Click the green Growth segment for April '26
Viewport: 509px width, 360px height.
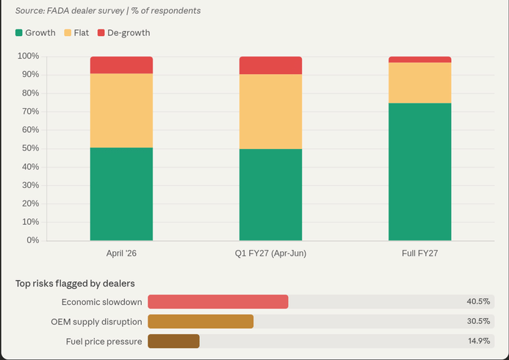(121, 194)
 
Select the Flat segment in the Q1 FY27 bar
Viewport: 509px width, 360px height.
(270, 112)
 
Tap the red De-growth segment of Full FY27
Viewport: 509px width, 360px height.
(419, 60)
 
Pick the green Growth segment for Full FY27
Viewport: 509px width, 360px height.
(419, 171)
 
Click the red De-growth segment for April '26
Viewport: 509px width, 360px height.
(121, 65)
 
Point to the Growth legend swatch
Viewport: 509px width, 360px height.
(19, 33)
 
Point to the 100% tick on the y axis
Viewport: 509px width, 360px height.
(29, 57)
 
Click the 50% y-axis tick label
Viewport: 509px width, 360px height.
(30, 148)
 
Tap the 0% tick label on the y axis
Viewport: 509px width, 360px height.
(32, 240)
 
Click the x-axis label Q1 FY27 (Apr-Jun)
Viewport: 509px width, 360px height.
(270, 253)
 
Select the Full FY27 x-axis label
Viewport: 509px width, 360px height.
(419, 253)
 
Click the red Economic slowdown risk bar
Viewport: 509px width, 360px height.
(218, 302)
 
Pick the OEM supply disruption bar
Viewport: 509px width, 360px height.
(201, 321)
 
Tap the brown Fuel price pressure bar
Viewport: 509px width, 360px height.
(173, 341)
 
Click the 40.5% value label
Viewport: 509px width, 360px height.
(478, 302)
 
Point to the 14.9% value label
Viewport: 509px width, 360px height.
(478, 341)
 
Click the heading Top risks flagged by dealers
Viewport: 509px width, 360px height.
(75, 283)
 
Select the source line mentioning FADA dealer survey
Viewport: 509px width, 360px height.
(108, 11)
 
